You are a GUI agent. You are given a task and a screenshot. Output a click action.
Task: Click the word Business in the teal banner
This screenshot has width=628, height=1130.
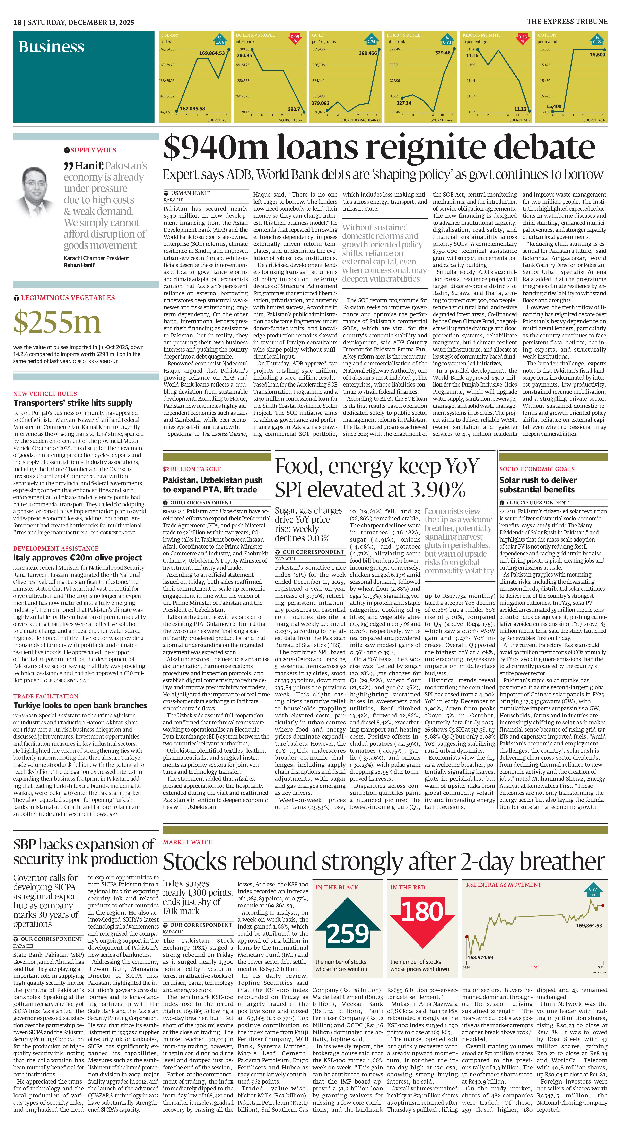[x=51, y=47]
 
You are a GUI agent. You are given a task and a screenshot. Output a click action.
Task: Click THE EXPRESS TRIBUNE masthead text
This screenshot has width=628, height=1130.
[x=567, y=21]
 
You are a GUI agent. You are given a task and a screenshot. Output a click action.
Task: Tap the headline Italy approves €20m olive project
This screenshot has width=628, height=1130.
[x=78, y=558]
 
